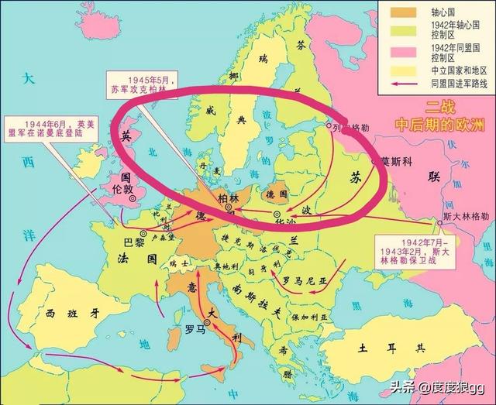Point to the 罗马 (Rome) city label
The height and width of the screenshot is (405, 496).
tap(195, 335)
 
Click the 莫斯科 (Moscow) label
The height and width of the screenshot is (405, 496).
tap(397, 161)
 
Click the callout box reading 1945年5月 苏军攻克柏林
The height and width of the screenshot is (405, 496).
tap(139, 83)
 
